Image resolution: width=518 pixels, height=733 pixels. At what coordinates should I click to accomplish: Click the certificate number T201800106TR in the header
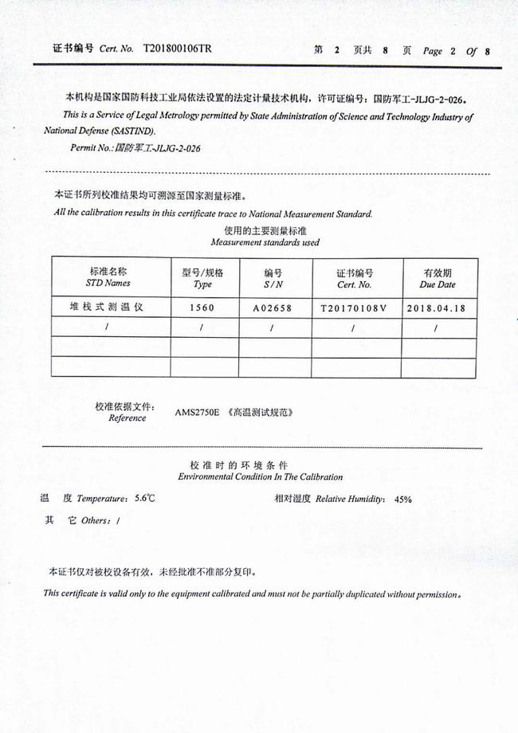(178, 49)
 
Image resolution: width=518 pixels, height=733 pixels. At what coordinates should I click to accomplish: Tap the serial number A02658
(273, 307)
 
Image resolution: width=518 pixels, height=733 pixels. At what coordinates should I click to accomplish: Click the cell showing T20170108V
(353, 307)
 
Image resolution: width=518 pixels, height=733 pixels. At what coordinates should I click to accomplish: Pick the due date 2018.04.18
(436, 307)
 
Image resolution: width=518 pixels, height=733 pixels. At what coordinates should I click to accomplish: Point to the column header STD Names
(108, 284)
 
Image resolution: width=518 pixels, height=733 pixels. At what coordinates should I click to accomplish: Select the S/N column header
(273, 284)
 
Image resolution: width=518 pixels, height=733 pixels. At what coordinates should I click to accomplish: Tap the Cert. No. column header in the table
(354, 284)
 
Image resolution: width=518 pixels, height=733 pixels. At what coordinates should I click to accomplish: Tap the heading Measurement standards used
(265, 242)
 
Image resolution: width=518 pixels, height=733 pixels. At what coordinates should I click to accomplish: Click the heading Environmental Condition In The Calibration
(260, 477)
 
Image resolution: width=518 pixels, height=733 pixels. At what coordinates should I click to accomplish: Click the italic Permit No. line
(135, 148)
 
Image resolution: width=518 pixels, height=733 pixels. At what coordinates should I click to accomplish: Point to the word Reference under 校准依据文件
(127, 417)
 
